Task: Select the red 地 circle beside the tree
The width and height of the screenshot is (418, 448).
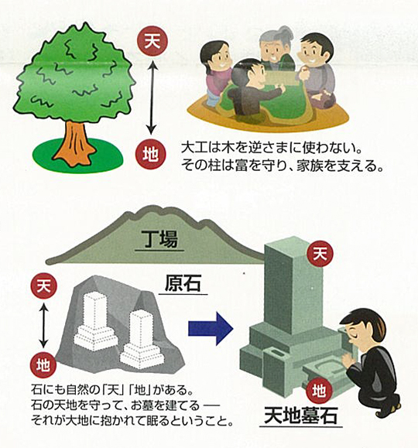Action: [x=150, y=155]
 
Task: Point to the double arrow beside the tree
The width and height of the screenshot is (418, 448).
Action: [x=152, y=97]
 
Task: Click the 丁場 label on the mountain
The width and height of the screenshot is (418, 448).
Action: [x=159, y=239]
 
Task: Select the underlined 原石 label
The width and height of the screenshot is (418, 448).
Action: [x=183, y=283]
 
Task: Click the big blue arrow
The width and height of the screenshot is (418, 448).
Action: [x=211, y=329]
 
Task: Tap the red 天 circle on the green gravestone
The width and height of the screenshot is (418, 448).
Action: [x=320, y=254]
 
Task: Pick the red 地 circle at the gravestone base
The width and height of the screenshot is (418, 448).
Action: [x=318, y=391]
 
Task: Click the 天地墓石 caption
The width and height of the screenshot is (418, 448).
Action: [x=301, y=416]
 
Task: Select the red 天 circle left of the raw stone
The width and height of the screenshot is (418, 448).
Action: [x=44, y=286]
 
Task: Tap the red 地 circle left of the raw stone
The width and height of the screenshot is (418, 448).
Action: [x=43, y=365]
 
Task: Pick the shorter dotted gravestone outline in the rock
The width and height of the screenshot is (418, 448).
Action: [x=142, y=339]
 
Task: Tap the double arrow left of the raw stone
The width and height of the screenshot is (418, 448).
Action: [x=43, y=326]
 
